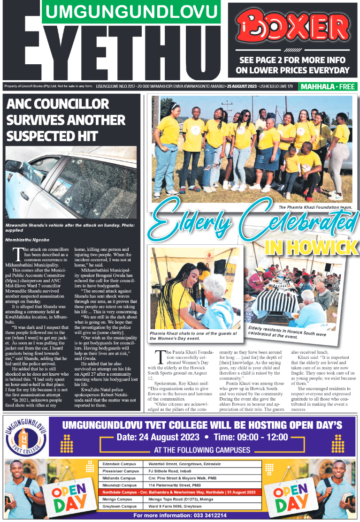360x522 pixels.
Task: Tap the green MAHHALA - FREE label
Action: tap(328, 87)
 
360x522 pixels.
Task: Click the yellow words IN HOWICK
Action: tap(311, 246)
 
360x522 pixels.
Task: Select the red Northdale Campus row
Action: tap(180, 492)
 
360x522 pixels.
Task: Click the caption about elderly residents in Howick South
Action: tap(284, 332)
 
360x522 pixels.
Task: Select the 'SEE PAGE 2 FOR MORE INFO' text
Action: tap(292, 60)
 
